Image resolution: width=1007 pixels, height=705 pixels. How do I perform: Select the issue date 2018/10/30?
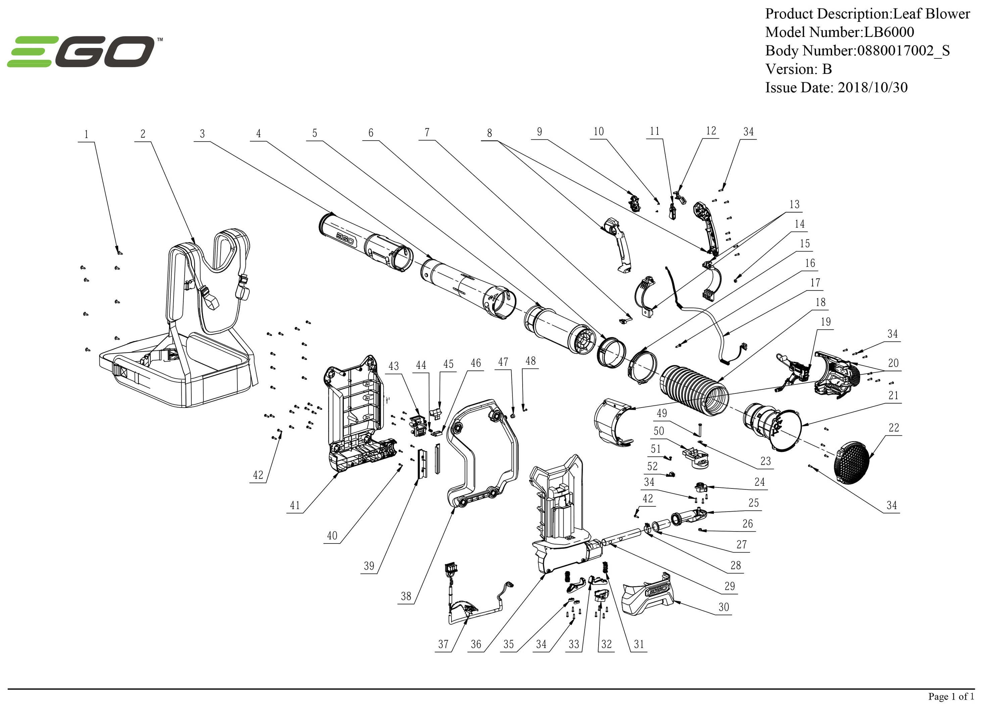pyautogui.click(x=872, y=88)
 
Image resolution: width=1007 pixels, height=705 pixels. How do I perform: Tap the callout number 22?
pyautogui.click(x=894, y=428)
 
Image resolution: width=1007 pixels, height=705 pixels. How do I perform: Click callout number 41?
pyautogui.click(x=295, y=505)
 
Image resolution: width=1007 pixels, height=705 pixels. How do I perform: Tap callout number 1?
pyautogui.click(x=86, y=134)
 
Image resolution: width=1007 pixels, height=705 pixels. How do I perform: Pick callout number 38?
pyautogui.click(x=406, y=596)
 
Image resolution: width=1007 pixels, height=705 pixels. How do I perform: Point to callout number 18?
pyautogui.click(x=820, y=302)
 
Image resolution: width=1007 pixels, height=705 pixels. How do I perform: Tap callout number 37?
pyautogui.click(x=443, y=644)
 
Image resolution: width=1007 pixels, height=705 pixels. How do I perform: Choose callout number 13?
pyautogui.click(x=794, y=204)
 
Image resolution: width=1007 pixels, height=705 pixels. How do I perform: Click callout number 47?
pyautogui.click(x=503, y=362)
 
